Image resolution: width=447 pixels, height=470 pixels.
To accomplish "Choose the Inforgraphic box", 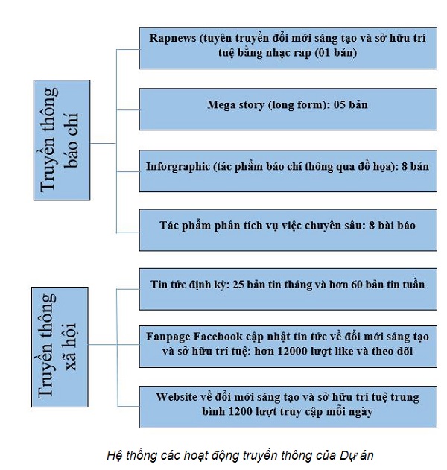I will (x=288, y=166).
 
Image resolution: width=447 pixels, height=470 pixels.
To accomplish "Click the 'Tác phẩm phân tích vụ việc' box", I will (x=288, y=224).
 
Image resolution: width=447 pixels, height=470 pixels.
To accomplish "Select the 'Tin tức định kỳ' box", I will (x=288, y=285).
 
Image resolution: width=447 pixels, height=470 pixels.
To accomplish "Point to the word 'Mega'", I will (x=221, y=105).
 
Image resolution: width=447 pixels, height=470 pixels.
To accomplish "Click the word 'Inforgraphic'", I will (x=178, y=166).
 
